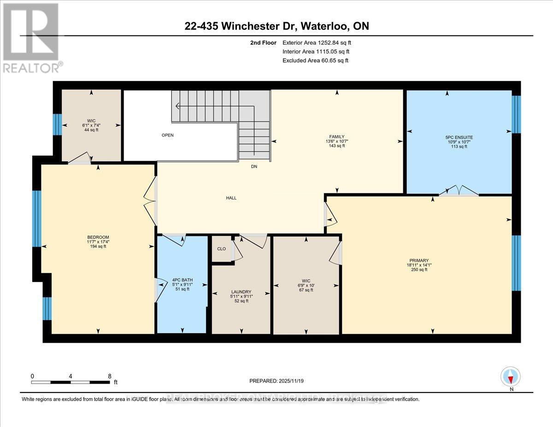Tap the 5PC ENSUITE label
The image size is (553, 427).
[x=460, y=137]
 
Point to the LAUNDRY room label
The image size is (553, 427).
[x=241, y=292]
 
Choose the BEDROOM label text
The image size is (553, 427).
[x=98, y=237]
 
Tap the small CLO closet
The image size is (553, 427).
[x=221, y=249]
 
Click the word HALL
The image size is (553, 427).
[x=231, y=198]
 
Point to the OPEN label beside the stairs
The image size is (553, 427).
[x=167, y=135]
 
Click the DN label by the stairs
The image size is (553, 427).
[x=254, y=166]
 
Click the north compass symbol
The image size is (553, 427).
[x=510, y=376]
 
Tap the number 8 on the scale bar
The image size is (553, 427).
[x=110, y=376]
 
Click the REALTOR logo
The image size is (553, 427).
[x=31, y=37]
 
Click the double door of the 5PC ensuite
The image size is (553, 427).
[x=458, y=191]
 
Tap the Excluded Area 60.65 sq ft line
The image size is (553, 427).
[x=315, y=60]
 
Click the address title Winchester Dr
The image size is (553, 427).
[x=276, y=26]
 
